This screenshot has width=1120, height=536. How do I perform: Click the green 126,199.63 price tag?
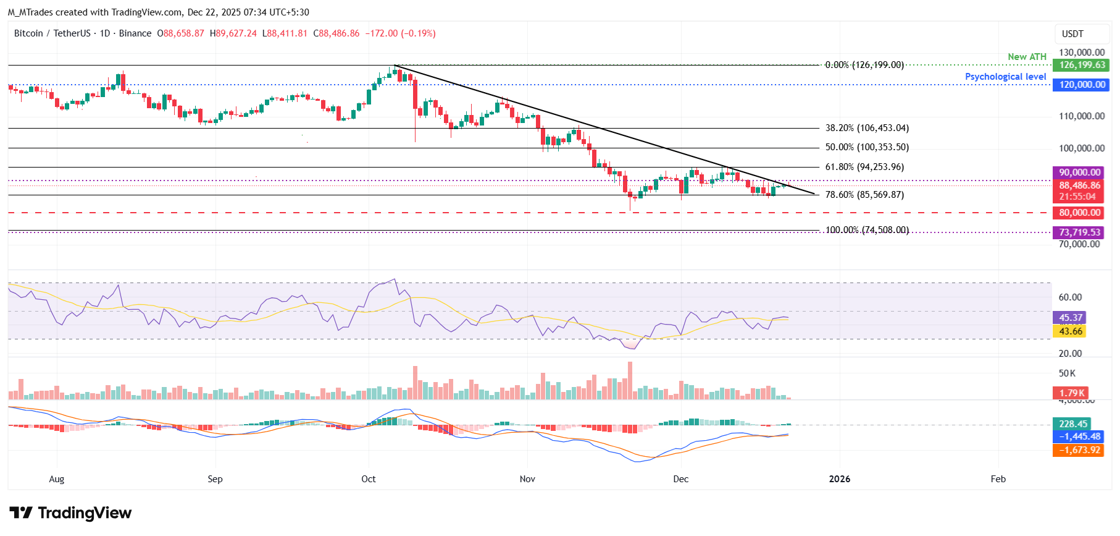pyautogui.click(x=1082, y=65)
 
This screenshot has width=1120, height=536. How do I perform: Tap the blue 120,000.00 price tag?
pyautogui.click(x=1082, y=85)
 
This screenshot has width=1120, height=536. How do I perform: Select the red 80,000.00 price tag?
pyautogui.click(x=1079, y=213)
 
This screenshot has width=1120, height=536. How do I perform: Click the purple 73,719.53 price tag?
pyautogui.click(x=1079, y=232)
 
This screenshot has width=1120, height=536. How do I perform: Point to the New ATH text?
pyautogui.click(x=1027, y=57)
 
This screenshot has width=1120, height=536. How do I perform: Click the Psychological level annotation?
pyautogui.click(x=1005, y=77)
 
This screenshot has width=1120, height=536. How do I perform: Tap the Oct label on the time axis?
pyautogui.click(x=369, y=479)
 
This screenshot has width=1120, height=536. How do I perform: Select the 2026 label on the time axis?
pyautogui.click(x=839, y=479)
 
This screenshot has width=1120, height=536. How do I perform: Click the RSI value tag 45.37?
pyautogui.click(x=1071, y=318)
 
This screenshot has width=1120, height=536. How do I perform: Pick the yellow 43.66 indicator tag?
pyautogui.click(x=1071, y=331)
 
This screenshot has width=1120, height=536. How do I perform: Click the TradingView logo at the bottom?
pyautogui.click(x=70, y=513)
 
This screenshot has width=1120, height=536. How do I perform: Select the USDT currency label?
pyautogui.click(x=1072, y=34)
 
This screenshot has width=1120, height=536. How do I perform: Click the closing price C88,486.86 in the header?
pyautogui.click(x=336, y=33)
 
